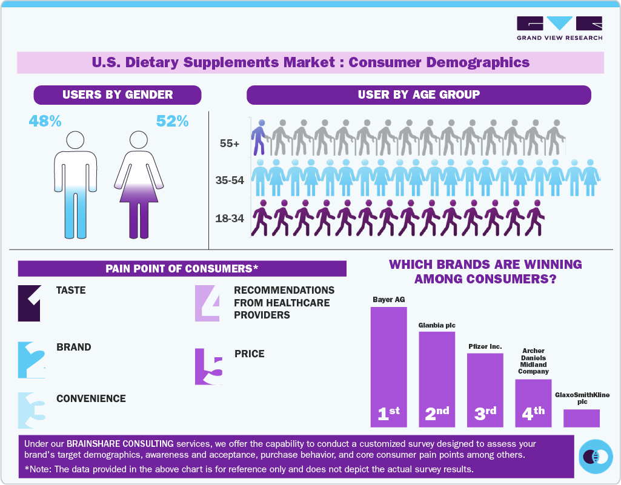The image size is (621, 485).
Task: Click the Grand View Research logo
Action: [x=559, y=28]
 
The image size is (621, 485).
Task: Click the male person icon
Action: [x=75, y=182]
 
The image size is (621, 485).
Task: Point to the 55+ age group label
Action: [x=230, y=144]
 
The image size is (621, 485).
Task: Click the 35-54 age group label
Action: [x=230, y=180]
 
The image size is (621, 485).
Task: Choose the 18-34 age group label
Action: [x=230, y=218]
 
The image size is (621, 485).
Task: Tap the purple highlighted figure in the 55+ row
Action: [x=259, y=137]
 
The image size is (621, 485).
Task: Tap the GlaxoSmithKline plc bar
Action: [x=582, y=418]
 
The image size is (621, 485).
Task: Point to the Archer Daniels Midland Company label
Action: [x=533, y=361]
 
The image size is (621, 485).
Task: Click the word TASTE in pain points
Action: [x=71, y=291]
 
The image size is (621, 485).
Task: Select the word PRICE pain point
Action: [x=250, y=354]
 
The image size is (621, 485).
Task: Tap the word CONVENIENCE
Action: [x=91, y=399]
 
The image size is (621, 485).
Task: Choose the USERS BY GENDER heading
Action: [x=118, y=95]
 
